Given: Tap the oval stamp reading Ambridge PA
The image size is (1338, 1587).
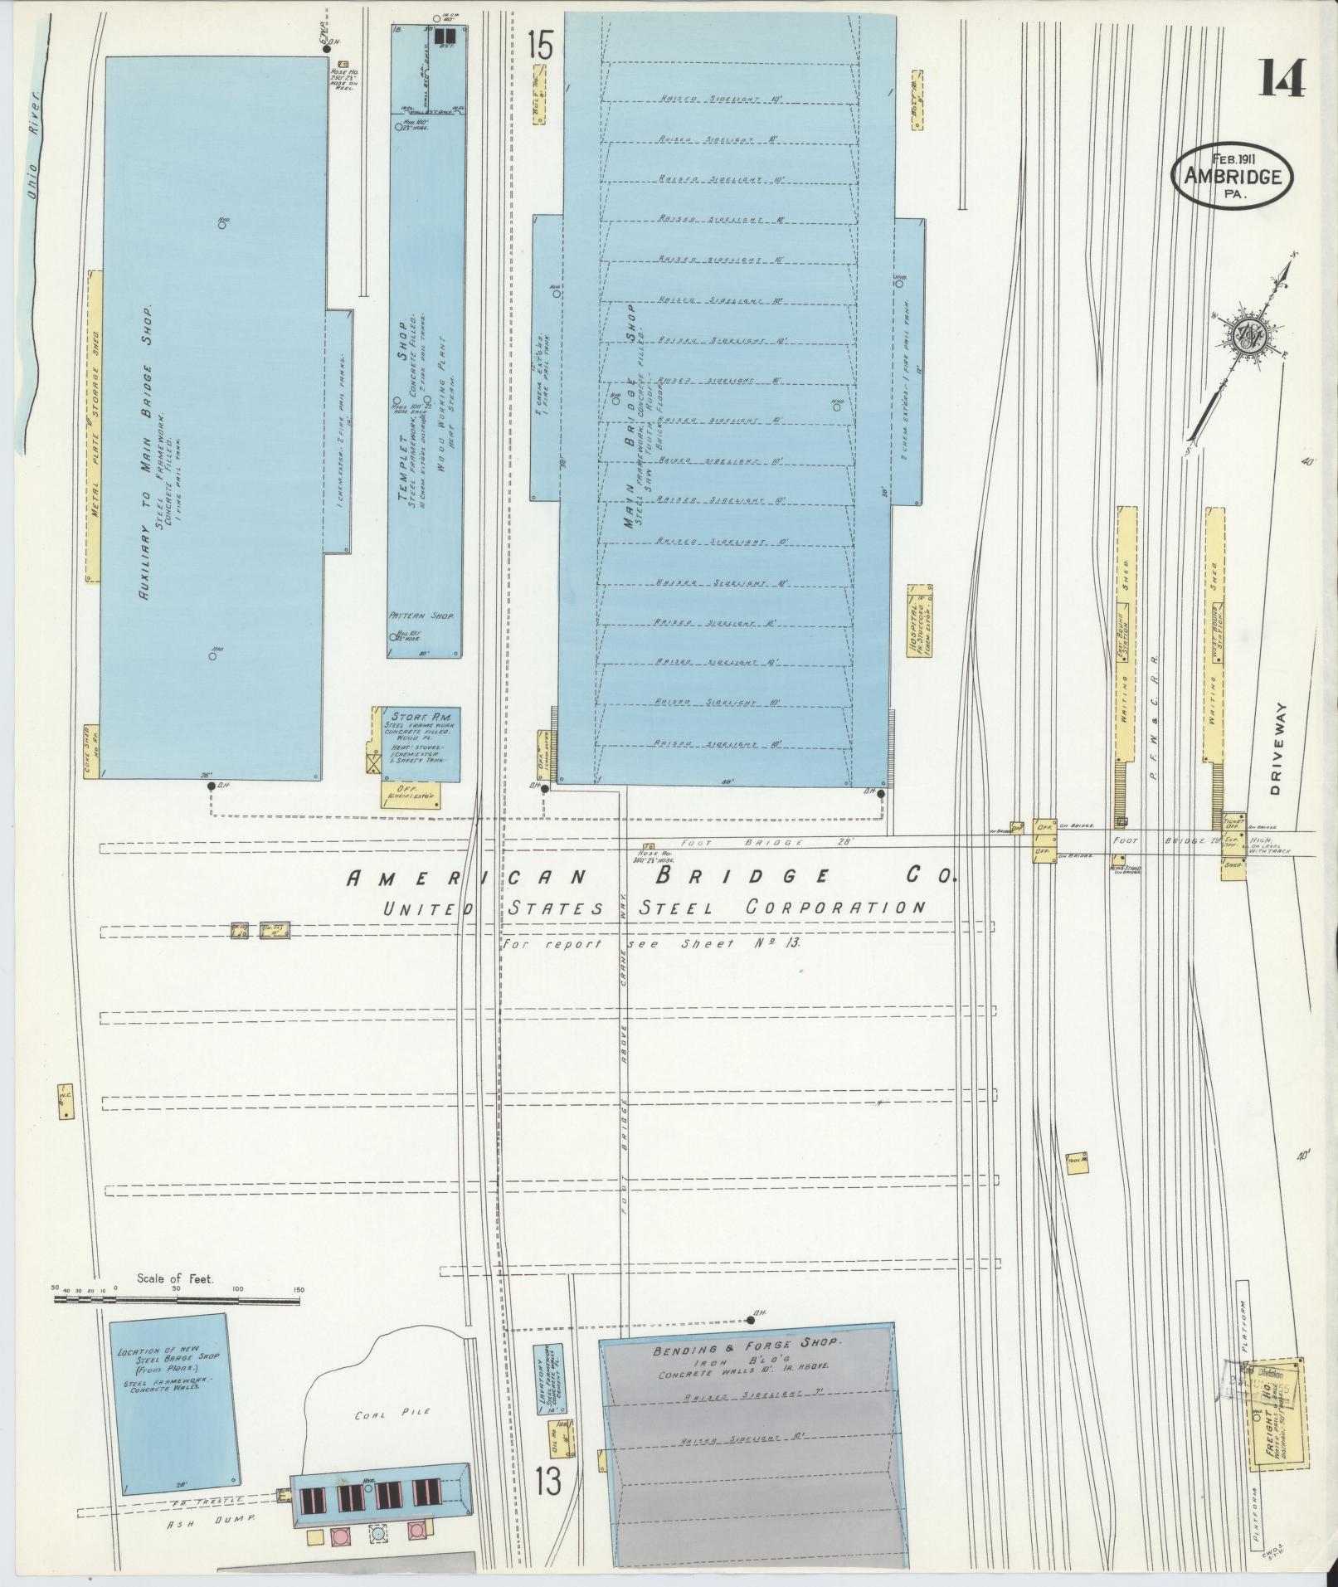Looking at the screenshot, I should (1232, 177).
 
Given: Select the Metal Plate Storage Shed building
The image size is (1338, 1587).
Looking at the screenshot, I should (95, 426).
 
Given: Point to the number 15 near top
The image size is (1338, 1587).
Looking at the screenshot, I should (539, 44).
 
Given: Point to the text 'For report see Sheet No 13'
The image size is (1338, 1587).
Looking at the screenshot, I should (651, 944).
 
